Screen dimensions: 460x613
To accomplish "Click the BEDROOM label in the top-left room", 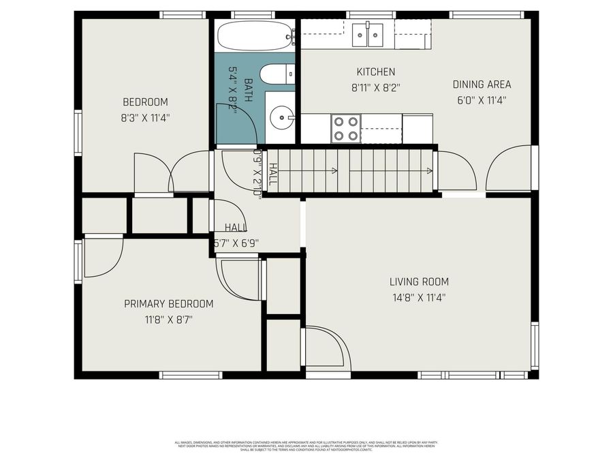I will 144,102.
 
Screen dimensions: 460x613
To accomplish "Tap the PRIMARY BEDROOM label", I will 168,304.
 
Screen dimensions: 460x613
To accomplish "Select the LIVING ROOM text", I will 419,281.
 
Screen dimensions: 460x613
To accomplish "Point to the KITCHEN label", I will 375,72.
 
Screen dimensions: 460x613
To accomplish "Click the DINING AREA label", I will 482,85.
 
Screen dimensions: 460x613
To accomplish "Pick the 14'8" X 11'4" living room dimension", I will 419,297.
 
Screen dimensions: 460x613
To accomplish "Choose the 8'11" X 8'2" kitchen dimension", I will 375,87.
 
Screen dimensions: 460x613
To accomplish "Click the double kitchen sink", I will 368,34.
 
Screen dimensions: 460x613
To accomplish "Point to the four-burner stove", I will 345,128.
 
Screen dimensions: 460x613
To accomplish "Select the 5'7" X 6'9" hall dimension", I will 236,243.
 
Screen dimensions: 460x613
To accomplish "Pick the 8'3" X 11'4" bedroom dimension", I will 144,117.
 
